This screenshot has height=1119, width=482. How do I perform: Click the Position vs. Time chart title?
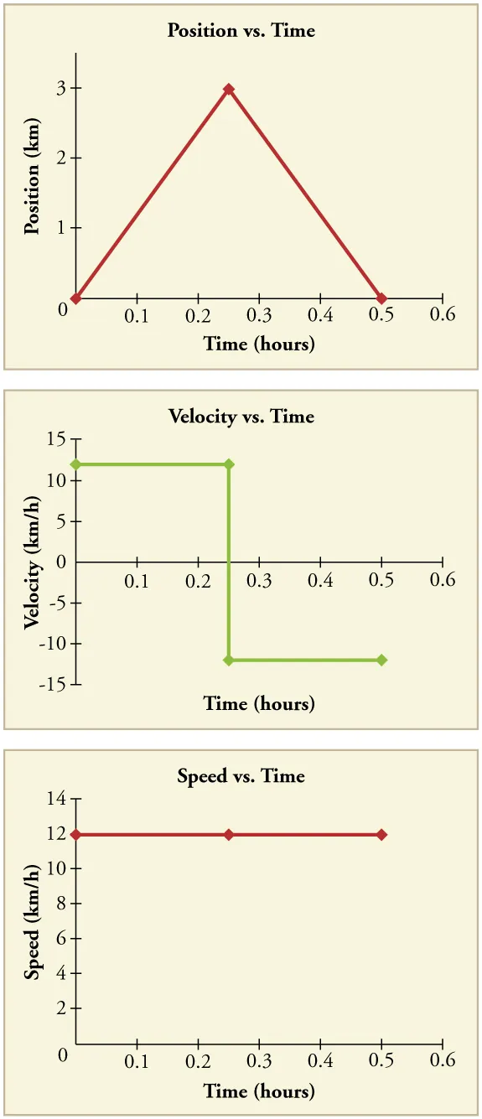pos(241,31)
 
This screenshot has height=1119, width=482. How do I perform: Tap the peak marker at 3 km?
pos(228,89)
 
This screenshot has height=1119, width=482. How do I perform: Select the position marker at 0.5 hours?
pos(381,298)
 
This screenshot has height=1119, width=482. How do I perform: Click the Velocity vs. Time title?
pos(241,417)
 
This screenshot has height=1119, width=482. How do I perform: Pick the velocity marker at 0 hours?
pos(76,464)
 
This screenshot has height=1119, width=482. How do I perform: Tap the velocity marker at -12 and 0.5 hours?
pos(381,661)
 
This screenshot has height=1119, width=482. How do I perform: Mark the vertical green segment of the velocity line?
pos(229,562)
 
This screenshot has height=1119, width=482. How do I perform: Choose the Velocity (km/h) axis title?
pos(33,562)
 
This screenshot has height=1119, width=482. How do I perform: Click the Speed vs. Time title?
pos(241,776)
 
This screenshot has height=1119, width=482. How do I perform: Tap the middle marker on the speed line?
pos(229,835)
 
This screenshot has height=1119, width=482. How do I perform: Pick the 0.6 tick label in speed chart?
pos(442,1060)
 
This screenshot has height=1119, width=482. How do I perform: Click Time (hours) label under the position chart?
pos(259,344)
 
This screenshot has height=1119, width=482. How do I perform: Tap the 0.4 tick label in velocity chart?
pos(320,581)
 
